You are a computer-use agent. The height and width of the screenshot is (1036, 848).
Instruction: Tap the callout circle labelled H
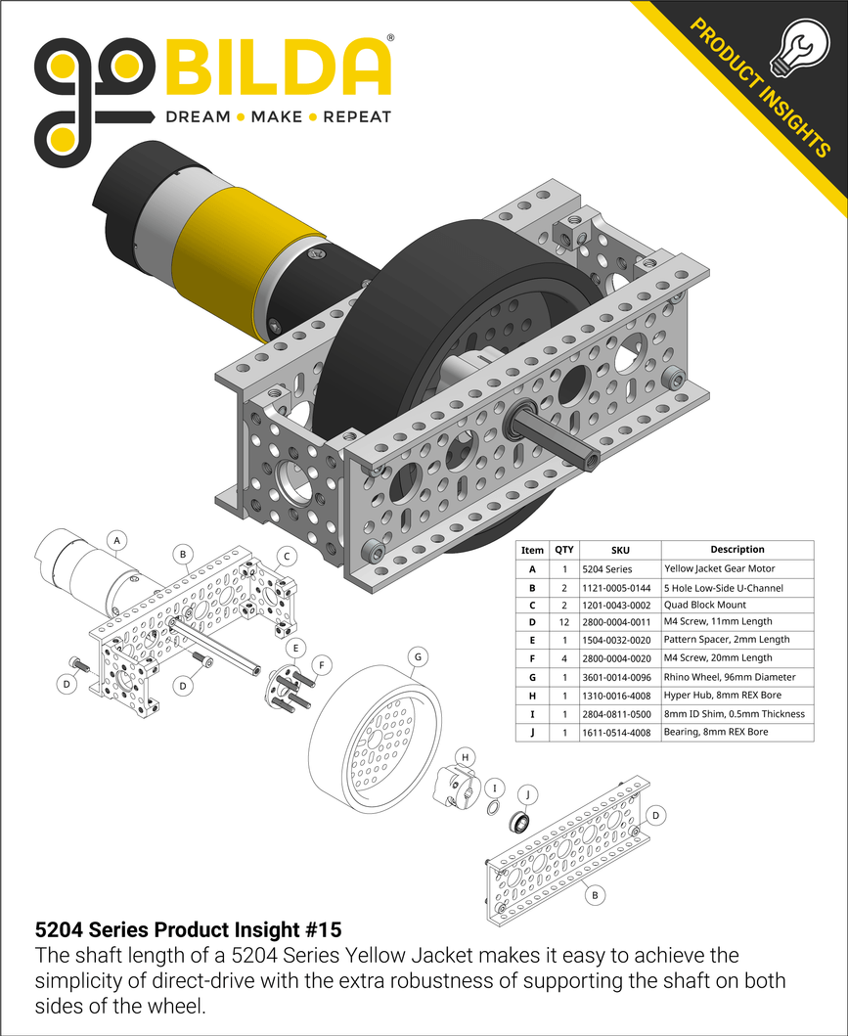pyautogui.click(x=467, y=757)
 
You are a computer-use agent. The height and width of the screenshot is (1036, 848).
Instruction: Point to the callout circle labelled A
pyautogui.click(x=117, y=540)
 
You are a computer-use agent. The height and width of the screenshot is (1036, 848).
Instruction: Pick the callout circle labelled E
pyautogui.click(x=293, y=649)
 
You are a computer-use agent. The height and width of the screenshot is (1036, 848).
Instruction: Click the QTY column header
pyautogui.click(x=564, y=550)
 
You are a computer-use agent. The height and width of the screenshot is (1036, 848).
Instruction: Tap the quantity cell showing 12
pyautogui.click(x=564, y=622)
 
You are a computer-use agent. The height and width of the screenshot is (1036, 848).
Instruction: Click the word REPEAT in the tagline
pyautogui.click(x=356, y=117)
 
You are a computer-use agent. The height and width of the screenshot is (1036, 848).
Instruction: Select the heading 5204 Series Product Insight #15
pyautogui.click(x=188, y=928)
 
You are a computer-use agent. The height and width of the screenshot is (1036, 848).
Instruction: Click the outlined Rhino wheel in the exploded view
pyautogui.click(x=372, y=743)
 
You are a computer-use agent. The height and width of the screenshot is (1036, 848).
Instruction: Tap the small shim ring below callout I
pyautogui.click(x=495, y=807)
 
